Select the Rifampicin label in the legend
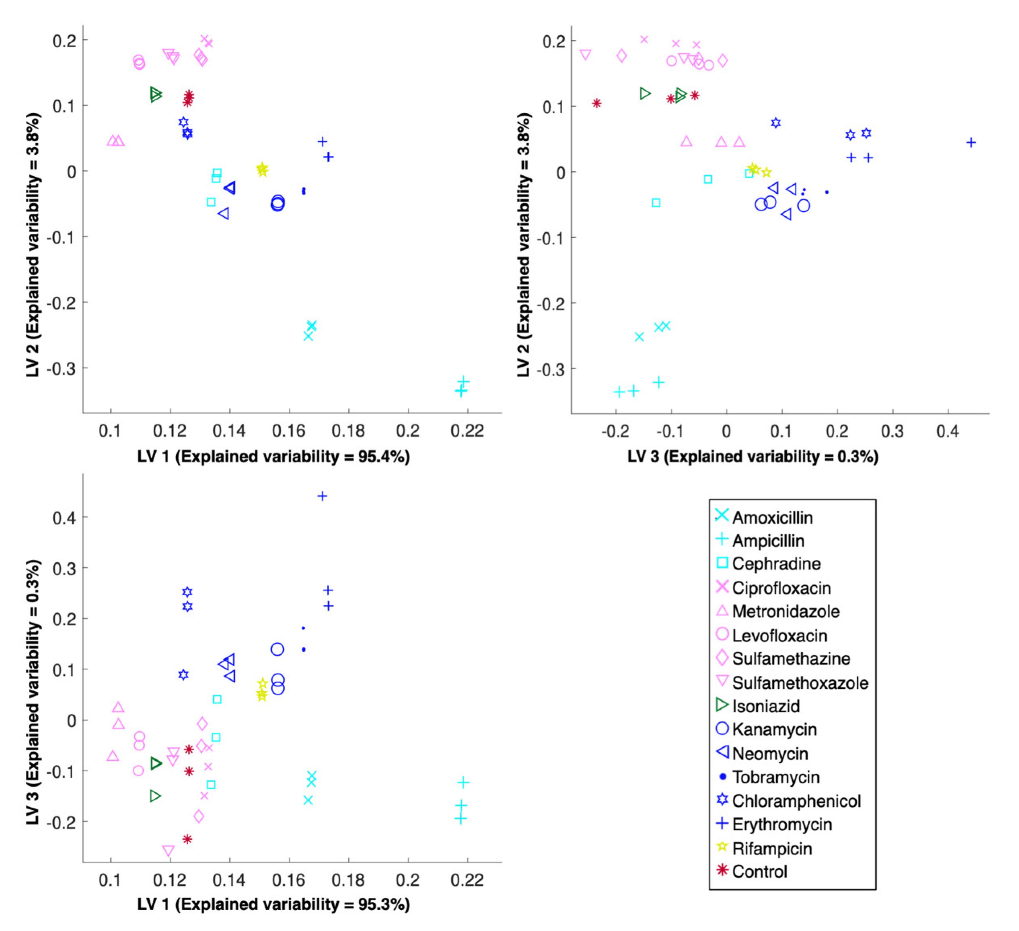pos(772,849)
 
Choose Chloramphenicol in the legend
pos(796,801)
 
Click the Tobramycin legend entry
pos(775,777)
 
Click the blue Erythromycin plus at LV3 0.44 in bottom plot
pos(322,496)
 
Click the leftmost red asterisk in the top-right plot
pos(597,103)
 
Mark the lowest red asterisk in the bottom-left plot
pos(187,839)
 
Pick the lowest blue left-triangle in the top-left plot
pos(223,214)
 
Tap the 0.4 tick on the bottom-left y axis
pos(63,517)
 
